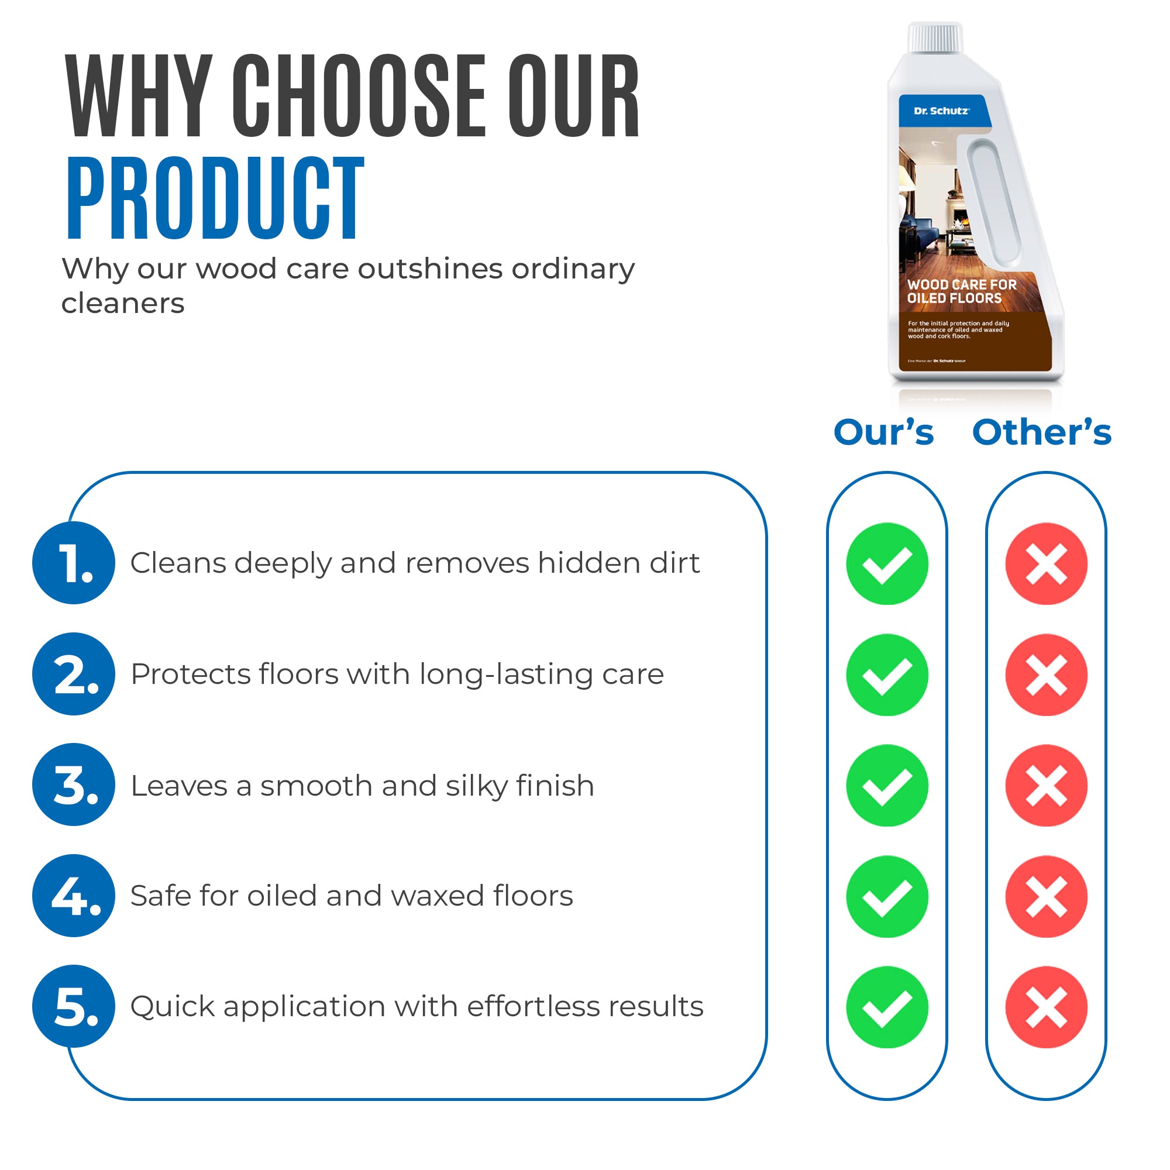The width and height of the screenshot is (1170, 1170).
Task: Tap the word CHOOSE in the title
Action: point(359,96)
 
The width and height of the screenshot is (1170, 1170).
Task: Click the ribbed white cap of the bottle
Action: point(934,37)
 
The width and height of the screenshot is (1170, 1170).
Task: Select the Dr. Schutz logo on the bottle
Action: point(941,111)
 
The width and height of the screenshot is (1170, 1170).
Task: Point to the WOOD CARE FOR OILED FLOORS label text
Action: point(961,291)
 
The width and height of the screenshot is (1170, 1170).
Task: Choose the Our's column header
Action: point(883,432)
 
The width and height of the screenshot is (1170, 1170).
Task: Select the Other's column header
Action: point(1042,432)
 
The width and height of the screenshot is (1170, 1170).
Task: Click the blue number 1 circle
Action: point(73,563)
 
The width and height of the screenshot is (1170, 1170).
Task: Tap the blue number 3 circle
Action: point(73,785)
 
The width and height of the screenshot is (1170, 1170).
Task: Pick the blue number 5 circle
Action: point(73,1006)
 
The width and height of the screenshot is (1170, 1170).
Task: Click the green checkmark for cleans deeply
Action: point(887,564)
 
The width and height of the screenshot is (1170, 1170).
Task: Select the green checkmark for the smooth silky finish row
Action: point(887,786)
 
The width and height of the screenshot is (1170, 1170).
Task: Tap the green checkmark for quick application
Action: point(887,1007)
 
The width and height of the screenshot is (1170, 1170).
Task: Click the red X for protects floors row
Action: point(1046,675)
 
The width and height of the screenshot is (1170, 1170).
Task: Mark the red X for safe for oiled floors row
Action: point(1046,896)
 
